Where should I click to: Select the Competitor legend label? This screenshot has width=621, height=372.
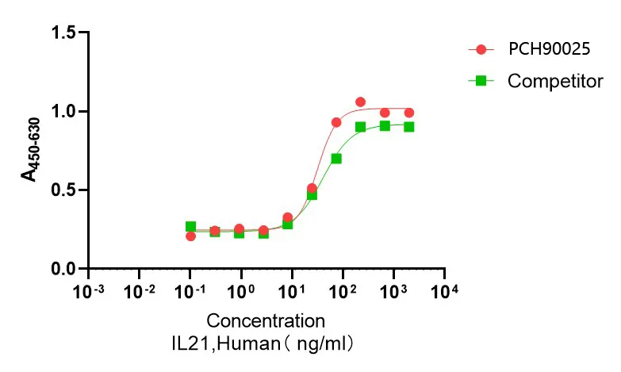[555, 81]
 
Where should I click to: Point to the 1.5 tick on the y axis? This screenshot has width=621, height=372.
[66, 33]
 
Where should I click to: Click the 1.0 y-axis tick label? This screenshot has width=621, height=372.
[66, 111]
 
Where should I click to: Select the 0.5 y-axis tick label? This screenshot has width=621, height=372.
[66, 190]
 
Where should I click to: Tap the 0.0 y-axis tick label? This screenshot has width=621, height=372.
[66, 269]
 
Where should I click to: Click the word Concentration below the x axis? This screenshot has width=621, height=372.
[266, 321]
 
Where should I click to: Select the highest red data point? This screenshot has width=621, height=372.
[360, 102]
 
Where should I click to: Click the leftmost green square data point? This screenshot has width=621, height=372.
[190, 227]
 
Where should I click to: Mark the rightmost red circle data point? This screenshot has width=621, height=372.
[408, 113]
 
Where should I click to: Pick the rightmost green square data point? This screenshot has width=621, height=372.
[408, 127]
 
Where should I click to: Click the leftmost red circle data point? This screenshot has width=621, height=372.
[190, 236]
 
